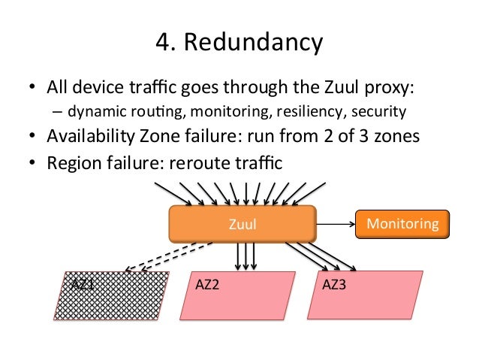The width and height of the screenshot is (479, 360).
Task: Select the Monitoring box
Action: tap(402, 223)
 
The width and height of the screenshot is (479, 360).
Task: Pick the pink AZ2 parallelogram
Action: tap(238, 296)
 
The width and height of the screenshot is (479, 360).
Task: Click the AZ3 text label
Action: tap(333, 286)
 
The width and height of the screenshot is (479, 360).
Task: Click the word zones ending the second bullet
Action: tap(392, 138)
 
